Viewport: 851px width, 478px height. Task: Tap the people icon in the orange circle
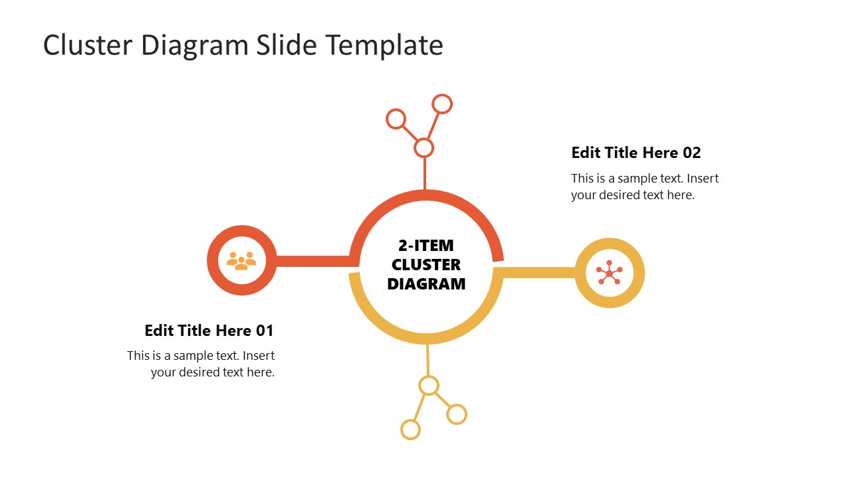pos(241,260)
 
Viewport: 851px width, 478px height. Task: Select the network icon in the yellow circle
pos(609,273)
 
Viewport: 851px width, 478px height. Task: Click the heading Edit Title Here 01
pos(209,331)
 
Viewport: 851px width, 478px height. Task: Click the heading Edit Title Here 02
pos(636,153)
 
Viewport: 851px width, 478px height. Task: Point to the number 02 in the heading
pos(691,153)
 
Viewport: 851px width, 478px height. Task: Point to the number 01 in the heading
pos(265,331)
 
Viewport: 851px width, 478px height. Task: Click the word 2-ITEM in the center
pos(426,246)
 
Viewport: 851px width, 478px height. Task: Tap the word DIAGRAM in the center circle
pos(426,284)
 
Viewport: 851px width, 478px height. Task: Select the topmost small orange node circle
pos(442,104)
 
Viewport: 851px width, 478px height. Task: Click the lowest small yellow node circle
pos(411,430)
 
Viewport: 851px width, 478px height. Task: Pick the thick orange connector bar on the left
pos(312,261)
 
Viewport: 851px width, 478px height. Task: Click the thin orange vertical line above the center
pos(424,174)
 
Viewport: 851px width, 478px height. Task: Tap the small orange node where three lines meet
pos(424,147)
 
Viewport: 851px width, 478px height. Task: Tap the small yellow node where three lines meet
pos(429,385)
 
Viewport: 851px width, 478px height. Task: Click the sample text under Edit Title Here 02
pos(644,187)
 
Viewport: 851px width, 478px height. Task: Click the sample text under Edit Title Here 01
pos(201,364)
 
